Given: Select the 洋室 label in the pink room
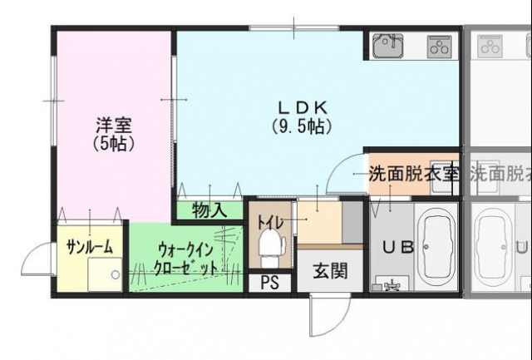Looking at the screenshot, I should click(x=114, y=126).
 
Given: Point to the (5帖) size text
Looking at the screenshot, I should click(x=114, y=143).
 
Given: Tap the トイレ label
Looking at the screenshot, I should click(x=269, y=222).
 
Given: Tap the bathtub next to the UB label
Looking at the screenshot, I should click(x=436, y=246).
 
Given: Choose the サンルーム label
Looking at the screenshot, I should click(x=89, y=246).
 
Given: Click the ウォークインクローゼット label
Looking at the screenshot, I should click(x=187, y=259).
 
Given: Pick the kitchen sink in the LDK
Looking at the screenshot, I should click(x=387, y=46).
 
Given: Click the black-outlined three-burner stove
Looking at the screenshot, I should click(x=438, y=47).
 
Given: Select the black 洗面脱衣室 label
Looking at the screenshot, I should click(x=413, y=175).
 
